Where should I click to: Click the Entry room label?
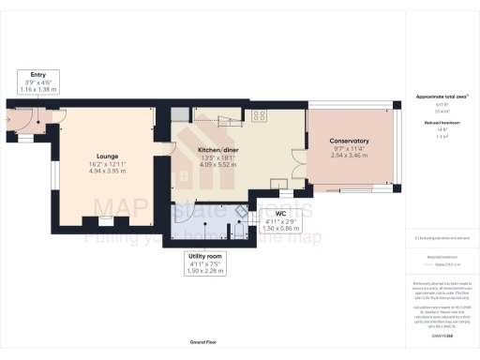38,76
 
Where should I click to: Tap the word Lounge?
106,157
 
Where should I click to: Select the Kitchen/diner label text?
223,150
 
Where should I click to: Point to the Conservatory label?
349,142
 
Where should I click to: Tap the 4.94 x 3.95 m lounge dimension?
106,172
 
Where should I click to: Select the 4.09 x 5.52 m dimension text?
223,165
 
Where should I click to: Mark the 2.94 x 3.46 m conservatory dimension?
349,156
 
